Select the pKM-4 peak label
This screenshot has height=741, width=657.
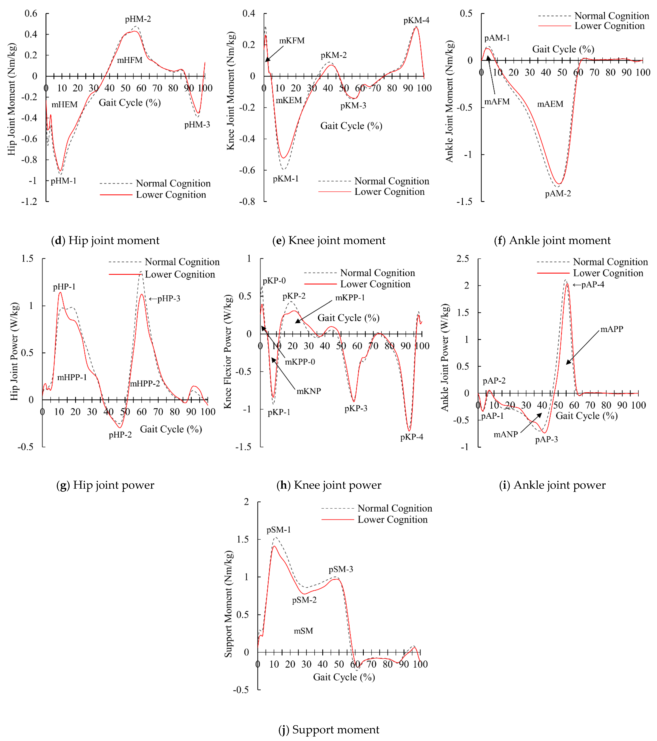point(416,20)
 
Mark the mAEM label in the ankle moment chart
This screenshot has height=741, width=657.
point(550,104)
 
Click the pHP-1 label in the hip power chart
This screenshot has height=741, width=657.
point(64,287)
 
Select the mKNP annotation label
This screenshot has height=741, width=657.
point(309,391)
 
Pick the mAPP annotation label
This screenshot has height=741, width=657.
point(612,329)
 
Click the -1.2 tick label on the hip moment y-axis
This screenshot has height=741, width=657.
point(29,202)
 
